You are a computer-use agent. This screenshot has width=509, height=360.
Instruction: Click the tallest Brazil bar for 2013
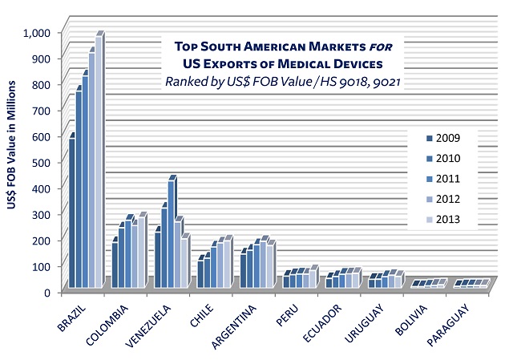tap(99, 160)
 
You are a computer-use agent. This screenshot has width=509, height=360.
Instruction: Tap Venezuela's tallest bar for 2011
tap(171, 233)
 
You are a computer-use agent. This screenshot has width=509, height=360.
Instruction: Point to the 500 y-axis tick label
tap(41, 163)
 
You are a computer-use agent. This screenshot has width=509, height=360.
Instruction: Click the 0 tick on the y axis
tap(48, 293)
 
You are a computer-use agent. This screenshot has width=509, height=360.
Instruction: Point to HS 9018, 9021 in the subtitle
tap(360, 81)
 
